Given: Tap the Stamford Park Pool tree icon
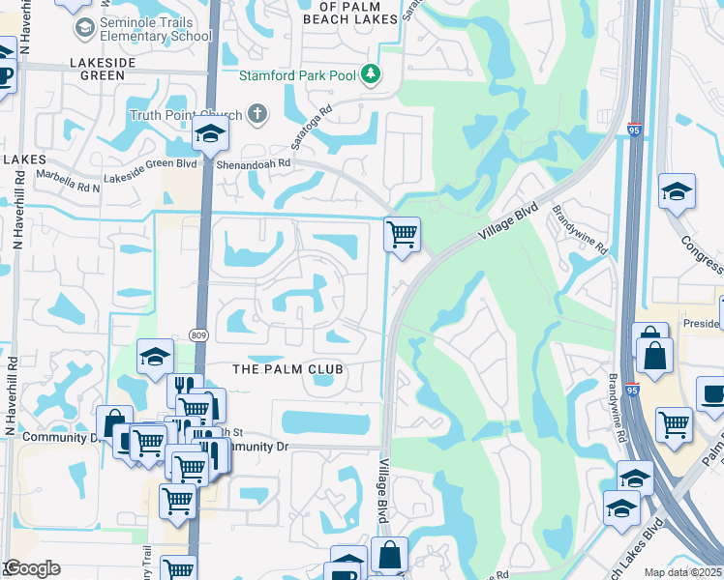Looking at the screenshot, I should [x=370, y=73].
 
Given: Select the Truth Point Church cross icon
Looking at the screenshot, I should [x=256, y=115].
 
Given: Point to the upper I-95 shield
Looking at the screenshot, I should [x=633, y=128].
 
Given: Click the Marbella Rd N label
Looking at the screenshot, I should [x=69, y=175].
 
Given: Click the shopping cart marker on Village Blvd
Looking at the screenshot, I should [x=402, y=234].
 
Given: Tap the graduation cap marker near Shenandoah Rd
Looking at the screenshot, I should [x=209, y=137].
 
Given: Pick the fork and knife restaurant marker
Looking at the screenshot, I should [x=185, y=391].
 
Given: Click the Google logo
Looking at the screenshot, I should [x=32, y=568].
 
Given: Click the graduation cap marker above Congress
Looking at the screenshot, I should [x=677, y=191].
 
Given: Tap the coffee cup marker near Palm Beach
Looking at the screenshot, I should [x=713, y=394].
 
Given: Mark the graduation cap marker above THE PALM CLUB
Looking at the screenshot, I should [x=155, y=358].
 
